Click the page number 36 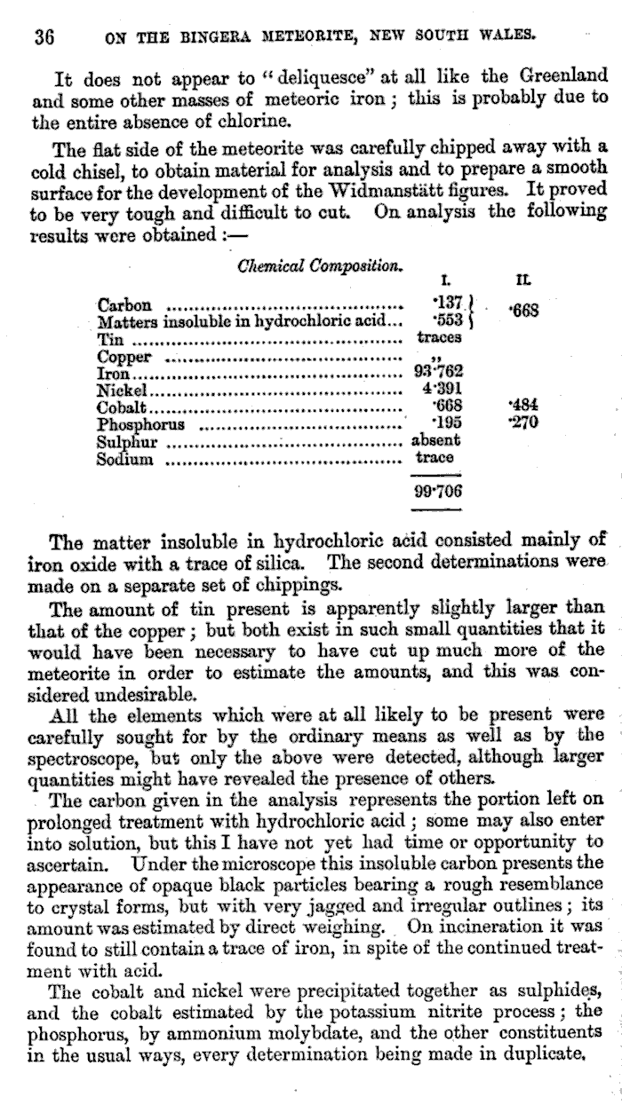[x=44, y=37]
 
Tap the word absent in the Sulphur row [x=435, y=440]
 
